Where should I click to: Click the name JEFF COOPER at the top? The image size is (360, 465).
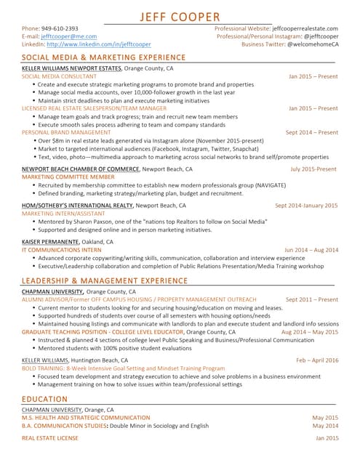click(180, 17)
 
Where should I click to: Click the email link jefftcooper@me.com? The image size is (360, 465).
click(68, 36)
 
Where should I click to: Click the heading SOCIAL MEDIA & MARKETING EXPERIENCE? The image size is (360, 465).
click(104, 57)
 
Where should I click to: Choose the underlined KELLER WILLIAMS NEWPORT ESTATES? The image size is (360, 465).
click(71, 68)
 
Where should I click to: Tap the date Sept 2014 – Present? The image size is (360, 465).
click(311, 133)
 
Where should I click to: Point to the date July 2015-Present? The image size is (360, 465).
click(313, 169)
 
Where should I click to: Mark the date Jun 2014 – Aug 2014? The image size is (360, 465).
click(311, 249)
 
